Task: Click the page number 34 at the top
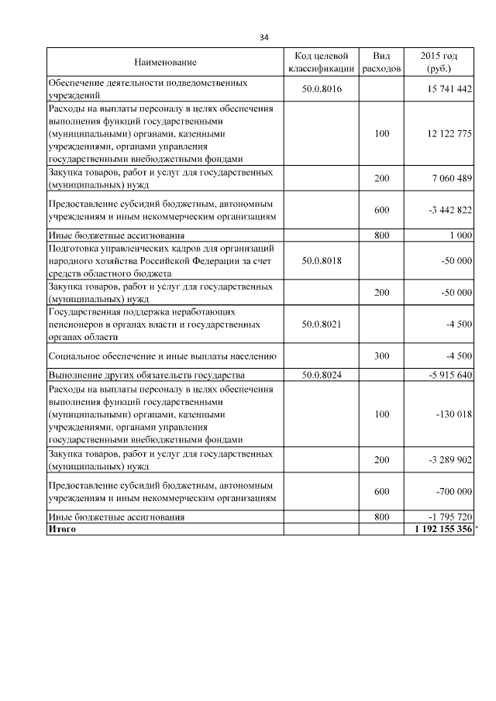pos(264,37)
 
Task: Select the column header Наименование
pos(165,62)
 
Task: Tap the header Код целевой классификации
pos(321,62)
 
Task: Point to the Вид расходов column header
pos(381,62)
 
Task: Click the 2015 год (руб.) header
pos(439,62)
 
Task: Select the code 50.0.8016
pos(321,89)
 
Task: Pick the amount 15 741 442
pos(449,89)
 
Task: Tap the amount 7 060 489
pos(449,180)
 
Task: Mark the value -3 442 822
pos(447,211)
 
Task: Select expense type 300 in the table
pos(381,356)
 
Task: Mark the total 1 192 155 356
pos(443,528)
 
